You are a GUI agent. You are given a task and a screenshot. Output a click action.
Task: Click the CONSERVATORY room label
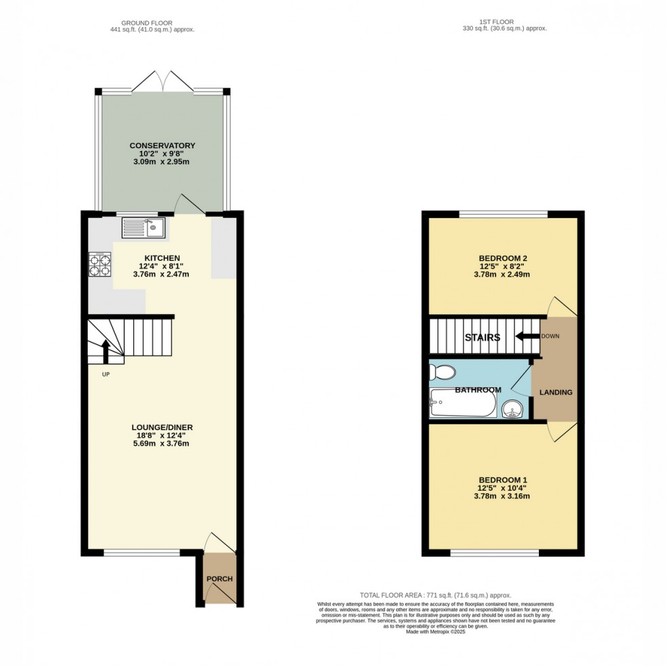[x=163, y=145]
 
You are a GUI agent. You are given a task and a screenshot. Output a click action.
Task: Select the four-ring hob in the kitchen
[x=100, y=266]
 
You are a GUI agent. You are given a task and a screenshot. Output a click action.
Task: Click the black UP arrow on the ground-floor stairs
[x=106, y=352]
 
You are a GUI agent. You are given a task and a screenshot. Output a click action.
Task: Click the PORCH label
[x=220, y=579]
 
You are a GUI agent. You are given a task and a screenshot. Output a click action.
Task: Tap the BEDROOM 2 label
[x=504, y=258]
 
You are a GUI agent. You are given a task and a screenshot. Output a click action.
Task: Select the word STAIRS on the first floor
[x=483, y=337]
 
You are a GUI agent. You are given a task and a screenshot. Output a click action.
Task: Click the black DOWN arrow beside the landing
[x=524, y=336]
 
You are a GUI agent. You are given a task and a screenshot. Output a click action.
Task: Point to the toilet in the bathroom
[x=442, y=372]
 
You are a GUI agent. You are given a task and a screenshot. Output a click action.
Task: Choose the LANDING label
[x=556, y=392]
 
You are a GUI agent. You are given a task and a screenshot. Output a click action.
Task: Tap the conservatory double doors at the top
[x=163, y=83]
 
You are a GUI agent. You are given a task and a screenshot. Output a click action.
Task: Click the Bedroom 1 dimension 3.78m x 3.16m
[x=504, y=495]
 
